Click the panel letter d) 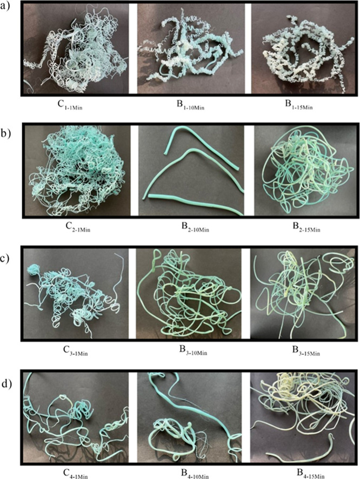[x=6, y=383]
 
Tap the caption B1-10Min [x=190, y=105]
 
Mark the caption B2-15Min [x=306, y=227]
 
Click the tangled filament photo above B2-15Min [x=305, y=171]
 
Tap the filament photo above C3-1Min [x=76, y=293]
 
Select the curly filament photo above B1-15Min [x=303, y=48]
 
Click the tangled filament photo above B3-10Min [x=189, y=293]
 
